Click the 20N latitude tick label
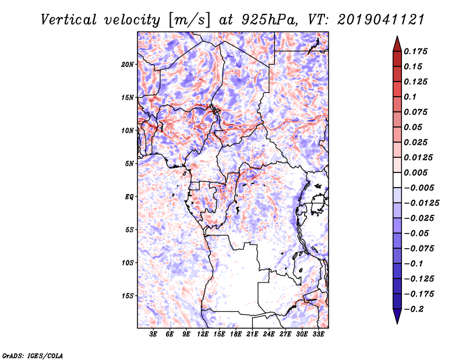[x=127, y=65]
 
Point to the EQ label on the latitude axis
[x=129, y=197]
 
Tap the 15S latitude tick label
[x=127, y=296]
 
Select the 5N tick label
[x=129, y=164]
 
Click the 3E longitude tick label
[x=153, y=334]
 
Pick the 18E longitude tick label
[x=235, y=334]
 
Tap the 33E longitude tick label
[x=318, y=334]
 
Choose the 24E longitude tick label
[x=269, y=334]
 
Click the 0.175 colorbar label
[x=415, y=51]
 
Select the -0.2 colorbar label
[x=414, y=309]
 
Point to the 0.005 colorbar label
[x=415, y=172]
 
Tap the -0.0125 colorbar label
[x=421, y=203]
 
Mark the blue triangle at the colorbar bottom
[x=397, y=315]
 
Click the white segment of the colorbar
[x=397, y=180]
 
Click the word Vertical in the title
[x=69, y=20]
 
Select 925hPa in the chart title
[x=269, y=20]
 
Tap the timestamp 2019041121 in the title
[x=381, y=20]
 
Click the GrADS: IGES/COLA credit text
[x=33, y=355]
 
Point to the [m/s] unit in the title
[x=189, y=20]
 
